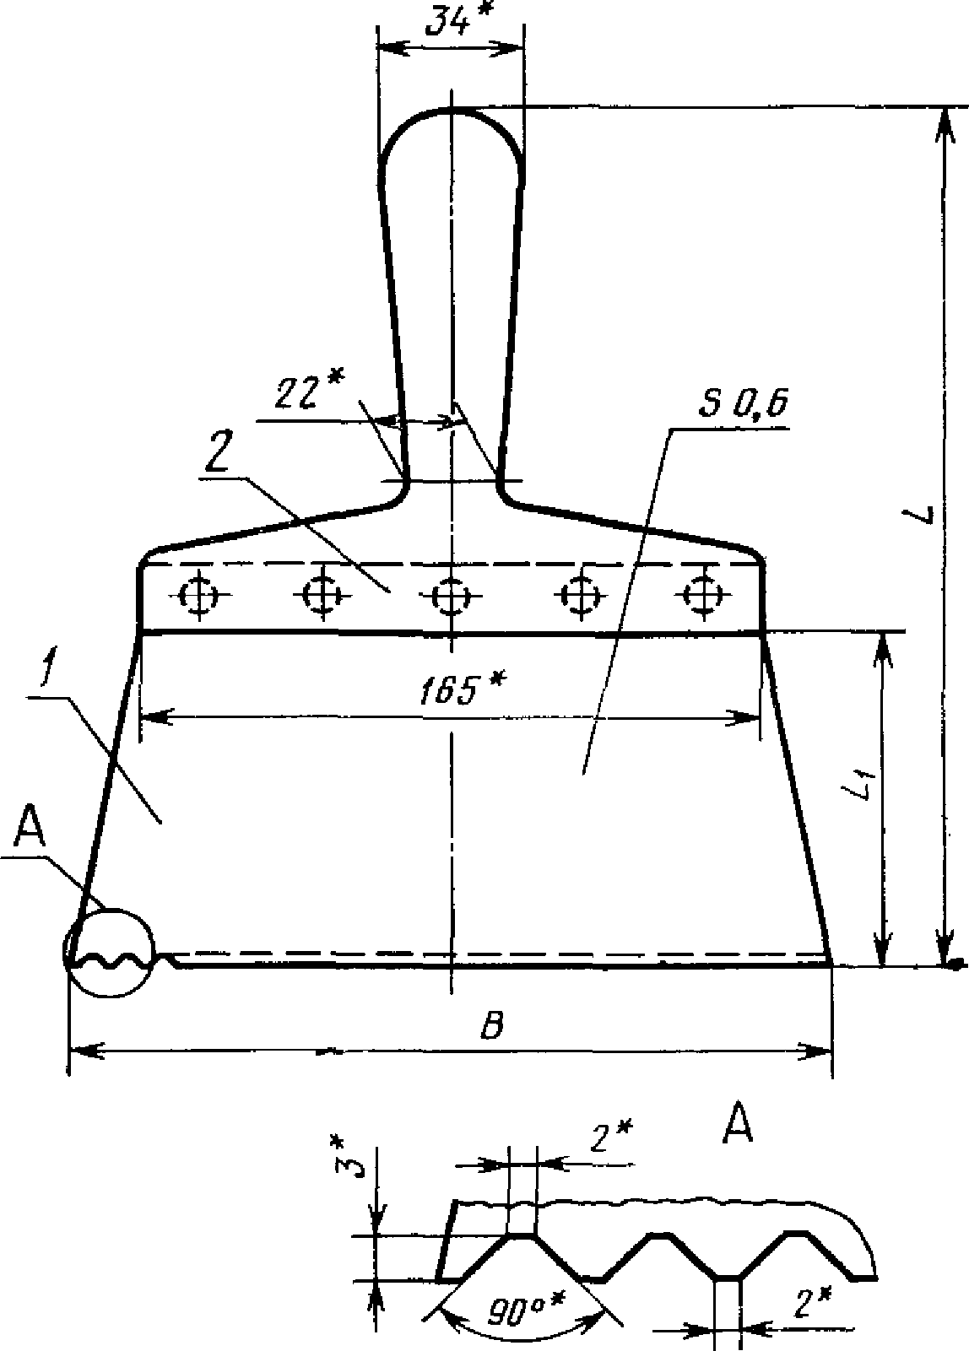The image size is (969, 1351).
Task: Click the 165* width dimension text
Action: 463,689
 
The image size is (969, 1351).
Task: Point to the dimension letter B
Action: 492,1025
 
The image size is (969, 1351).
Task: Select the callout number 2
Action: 218,454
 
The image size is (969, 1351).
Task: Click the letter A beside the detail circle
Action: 30,830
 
